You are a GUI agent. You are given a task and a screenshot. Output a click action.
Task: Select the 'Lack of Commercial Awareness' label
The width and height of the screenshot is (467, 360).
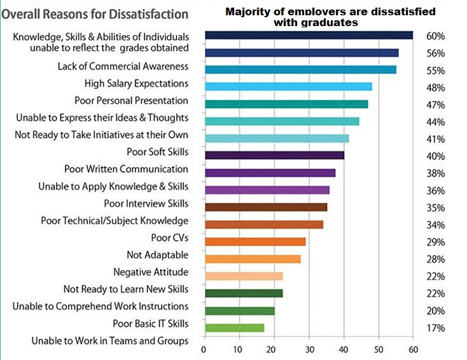(x=123, y=66)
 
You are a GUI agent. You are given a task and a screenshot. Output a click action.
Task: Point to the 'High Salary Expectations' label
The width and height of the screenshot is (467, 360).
(x=136, y=83)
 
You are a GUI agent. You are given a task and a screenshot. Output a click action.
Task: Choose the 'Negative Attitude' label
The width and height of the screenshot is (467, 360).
(x=151, y=272)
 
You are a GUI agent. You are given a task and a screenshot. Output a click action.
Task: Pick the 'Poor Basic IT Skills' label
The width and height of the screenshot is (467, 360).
(x=150, y=324)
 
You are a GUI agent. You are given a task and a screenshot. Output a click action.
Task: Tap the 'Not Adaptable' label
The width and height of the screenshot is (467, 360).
(x=157, y=255)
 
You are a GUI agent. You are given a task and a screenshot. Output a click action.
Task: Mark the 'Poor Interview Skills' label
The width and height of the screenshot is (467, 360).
(x=146, y=204)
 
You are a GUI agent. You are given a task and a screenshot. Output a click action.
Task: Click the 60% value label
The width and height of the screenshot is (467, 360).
(x=436, y=36)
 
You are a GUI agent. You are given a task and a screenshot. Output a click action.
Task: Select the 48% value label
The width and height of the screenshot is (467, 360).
(x=436, y=88)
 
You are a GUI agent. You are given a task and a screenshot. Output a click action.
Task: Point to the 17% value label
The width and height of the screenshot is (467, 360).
(x=436, y=328)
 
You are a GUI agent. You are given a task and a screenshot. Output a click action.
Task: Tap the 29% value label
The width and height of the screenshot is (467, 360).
(x=436, y=242)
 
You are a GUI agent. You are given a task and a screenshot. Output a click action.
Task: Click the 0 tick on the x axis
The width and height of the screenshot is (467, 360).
(x=204, y=349)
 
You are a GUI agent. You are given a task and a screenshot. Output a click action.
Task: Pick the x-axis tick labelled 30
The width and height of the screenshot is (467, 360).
(x=309, y=349)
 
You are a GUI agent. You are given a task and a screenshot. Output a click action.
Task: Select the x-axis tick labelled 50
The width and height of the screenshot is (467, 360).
(x=379, y=349)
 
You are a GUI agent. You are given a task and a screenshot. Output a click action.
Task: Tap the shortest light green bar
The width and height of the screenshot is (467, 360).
(x=234, y=328)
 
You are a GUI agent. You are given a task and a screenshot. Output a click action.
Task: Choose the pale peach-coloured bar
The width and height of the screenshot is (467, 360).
(x=243, y=276)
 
